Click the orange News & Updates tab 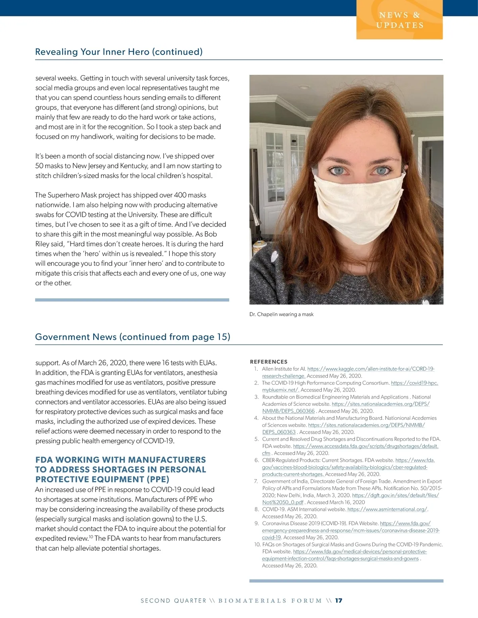point(399,20)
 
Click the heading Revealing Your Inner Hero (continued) point(119,52)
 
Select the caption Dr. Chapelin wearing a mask point(281,314)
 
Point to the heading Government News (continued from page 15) point(133,337)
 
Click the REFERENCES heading point(268,362)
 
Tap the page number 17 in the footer point(339,600)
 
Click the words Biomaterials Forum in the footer point(270,600)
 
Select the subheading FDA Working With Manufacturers point(121,460)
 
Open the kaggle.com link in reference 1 point(370,369)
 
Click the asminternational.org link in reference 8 point(387,509)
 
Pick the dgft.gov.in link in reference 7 point(395,495)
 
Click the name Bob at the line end point(211,234)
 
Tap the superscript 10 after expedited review point(91,536)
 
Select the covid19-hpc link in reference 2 point(414,383)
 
